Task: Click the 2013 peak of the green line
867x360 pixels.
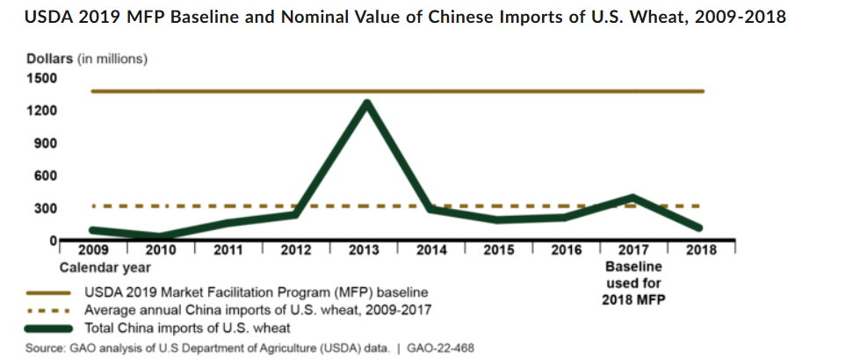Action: coord(365,103)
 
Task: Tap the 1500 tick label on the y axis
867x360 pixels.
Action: coord(41,78)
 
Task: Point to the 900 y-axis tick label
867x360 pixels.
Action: coord(45,144)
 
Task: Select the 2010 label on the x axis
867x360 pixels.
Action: coord(161,250)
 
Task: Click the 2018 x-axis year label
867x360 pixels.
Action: coord(701,250)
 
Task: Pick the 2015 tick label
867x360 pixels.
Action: coord(498,250)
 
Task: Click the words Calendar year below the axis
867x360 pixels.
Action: coord(105,268)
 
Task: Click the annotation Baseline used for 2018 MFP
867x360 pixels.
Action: coord(633,284)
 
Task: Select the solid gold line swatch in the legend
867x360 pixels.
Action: coord(48,292)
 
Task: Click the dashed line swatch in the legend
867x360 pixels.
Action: coord(48,310)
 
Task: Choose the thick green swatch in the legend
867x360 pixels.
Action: coord(48,328)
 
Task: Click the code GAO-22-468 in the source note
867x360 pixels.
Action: coord(440,349)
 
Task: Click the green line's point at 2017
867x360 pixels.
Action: coord(633,198)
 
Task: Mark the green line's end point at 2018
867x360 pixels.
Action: coord(700,227)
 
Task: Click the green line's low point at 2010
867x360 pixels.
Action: coord(161,236)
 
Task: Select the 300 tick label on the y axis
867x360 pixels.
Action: coord(45,209)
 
